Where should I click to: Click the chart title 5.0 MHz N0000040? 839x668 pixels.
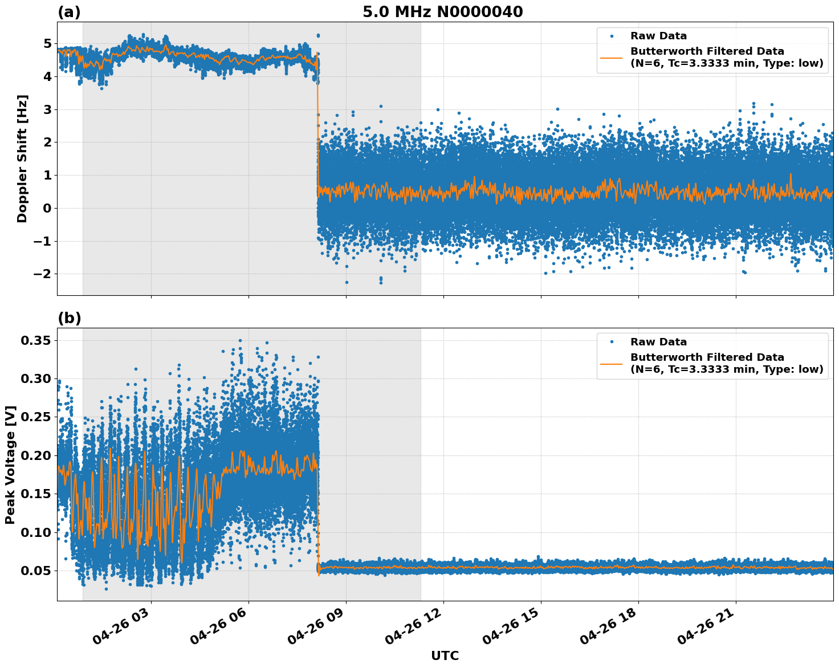point(442,12)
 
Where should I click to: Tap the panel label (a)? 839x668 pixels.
point(69,13)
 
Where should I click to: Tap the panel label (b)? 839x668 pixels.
point(69,319)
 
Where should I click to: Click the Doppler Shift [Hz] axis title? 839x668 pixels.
point(22,158)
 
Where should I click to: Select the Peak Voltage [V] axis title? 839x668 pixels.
point(10,465)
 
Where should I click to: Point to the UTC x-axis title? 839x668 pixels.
point(445,655)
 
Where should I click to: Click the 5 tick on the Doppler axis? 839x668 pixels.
point(47,44)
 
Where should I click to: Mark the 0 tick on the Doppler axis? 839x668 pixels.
point(47,209)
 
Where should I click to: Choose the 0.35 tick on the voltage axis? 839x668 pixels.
point(36,341)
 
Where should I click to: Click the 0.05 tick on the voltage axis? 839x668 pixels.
point(36,571)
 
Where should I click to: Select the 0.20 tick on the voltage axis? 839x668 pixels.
point(36,456)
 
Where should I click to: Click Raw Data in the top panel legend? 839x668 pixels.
point(658,36)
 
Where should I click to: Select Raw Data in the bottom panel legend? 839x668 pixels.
point(658,342)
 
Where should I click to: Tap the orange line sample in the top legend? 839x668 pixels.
point(612,57)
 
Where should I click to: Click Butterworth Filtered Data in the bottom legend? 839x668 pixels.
point(707,357)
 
